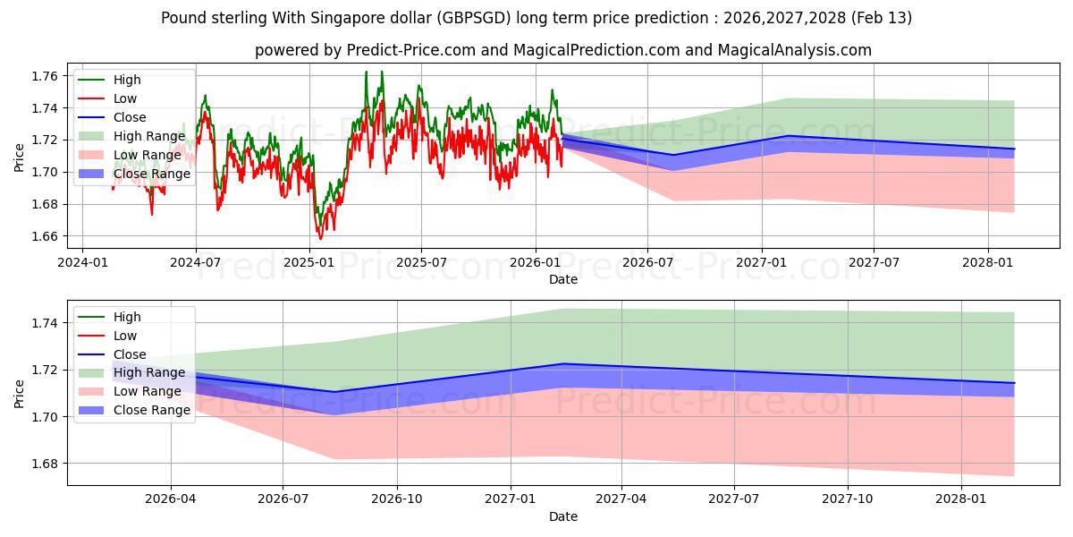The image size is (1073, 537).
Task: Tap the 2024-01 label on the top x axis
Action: click(82, 262)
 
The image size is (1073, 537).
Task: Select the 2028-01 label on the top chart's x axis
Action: click(987, 262)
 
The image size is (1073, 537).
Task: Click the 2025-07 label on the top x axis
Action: click(421, 262)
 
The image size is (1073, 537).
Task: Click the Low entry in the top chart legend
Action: click(125, 98)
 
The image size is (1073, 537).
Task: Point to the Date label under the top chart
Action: click(563, 279)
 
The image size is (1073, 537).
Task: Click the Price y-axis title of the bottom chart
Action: click(20, 393)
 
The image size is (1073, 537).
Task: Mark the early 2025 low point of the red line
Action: click(321, 239)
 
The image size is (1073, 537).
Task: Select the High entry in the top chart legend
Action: click(127, 80)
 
